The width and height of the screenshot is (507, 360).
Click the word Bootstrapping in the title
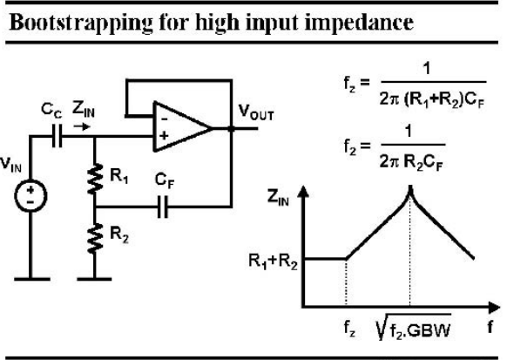81,24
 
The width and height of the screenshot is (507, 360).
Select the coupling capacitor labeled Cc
57,137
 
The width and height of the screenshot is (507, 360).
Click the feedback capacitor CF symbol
163,207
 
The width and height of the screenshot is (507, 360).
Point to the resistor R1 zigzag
95,180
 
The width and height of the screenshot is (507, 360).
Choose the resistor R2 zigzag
95,238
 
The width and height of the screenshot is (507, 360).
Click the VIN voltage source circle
30,195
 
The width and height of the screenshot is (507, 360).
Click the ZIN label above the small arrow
84,109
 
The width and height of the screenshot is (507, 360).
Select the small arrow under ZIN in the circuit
82,126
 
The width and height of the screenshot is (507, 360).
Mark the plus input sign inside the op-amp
164,135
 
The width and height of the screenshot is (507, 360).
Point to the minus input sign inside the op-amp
165,119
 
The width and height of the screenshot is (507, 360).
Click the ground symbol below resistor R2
94,279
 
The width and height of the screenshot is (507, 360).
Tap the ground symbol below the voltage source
32,279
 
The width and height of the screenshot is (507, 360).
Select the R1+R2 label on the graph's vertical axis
273,261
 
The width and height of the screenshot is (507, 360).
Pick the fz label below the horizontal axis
349,329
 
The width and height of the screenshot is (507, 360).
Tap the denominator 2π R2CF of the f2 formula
410,161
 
